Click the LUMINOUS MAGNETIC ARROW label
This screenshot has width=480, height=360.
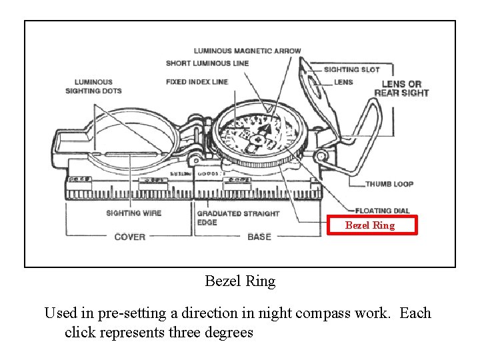click(247, 51)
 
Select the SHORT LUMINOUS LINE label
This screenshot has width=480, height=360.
click(207, 63)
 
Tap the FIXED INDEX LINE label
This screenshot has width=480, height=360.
click(197, 82)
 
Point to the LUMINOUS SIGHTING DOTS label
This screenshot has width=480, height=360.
click(93, 87)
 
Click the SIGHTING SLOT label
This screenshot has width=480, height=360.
click(351, 69)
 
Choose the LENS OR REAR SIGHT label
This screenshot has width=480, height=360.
click(401, 88)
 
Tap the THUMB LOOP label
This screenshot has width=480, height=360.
click(389, 184)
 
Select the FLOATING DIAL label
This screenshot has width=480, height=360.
click(382, 211)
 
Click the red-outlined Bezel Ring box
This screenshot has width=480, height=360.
click(369, 225)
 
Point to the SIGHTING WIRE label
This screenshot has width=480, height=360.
click(133, 213)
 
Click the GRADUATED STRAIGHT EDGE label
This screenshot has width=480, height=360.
click(237, 218)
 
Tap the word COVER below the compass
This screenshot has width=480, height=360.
click(129, 237)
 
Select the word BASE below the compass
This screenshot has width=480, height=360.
click(259, 237)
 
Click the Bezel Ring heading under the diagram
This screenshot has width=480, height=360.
click(239, 281)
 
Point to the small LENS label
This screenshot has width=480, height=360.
click(343, 82)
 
